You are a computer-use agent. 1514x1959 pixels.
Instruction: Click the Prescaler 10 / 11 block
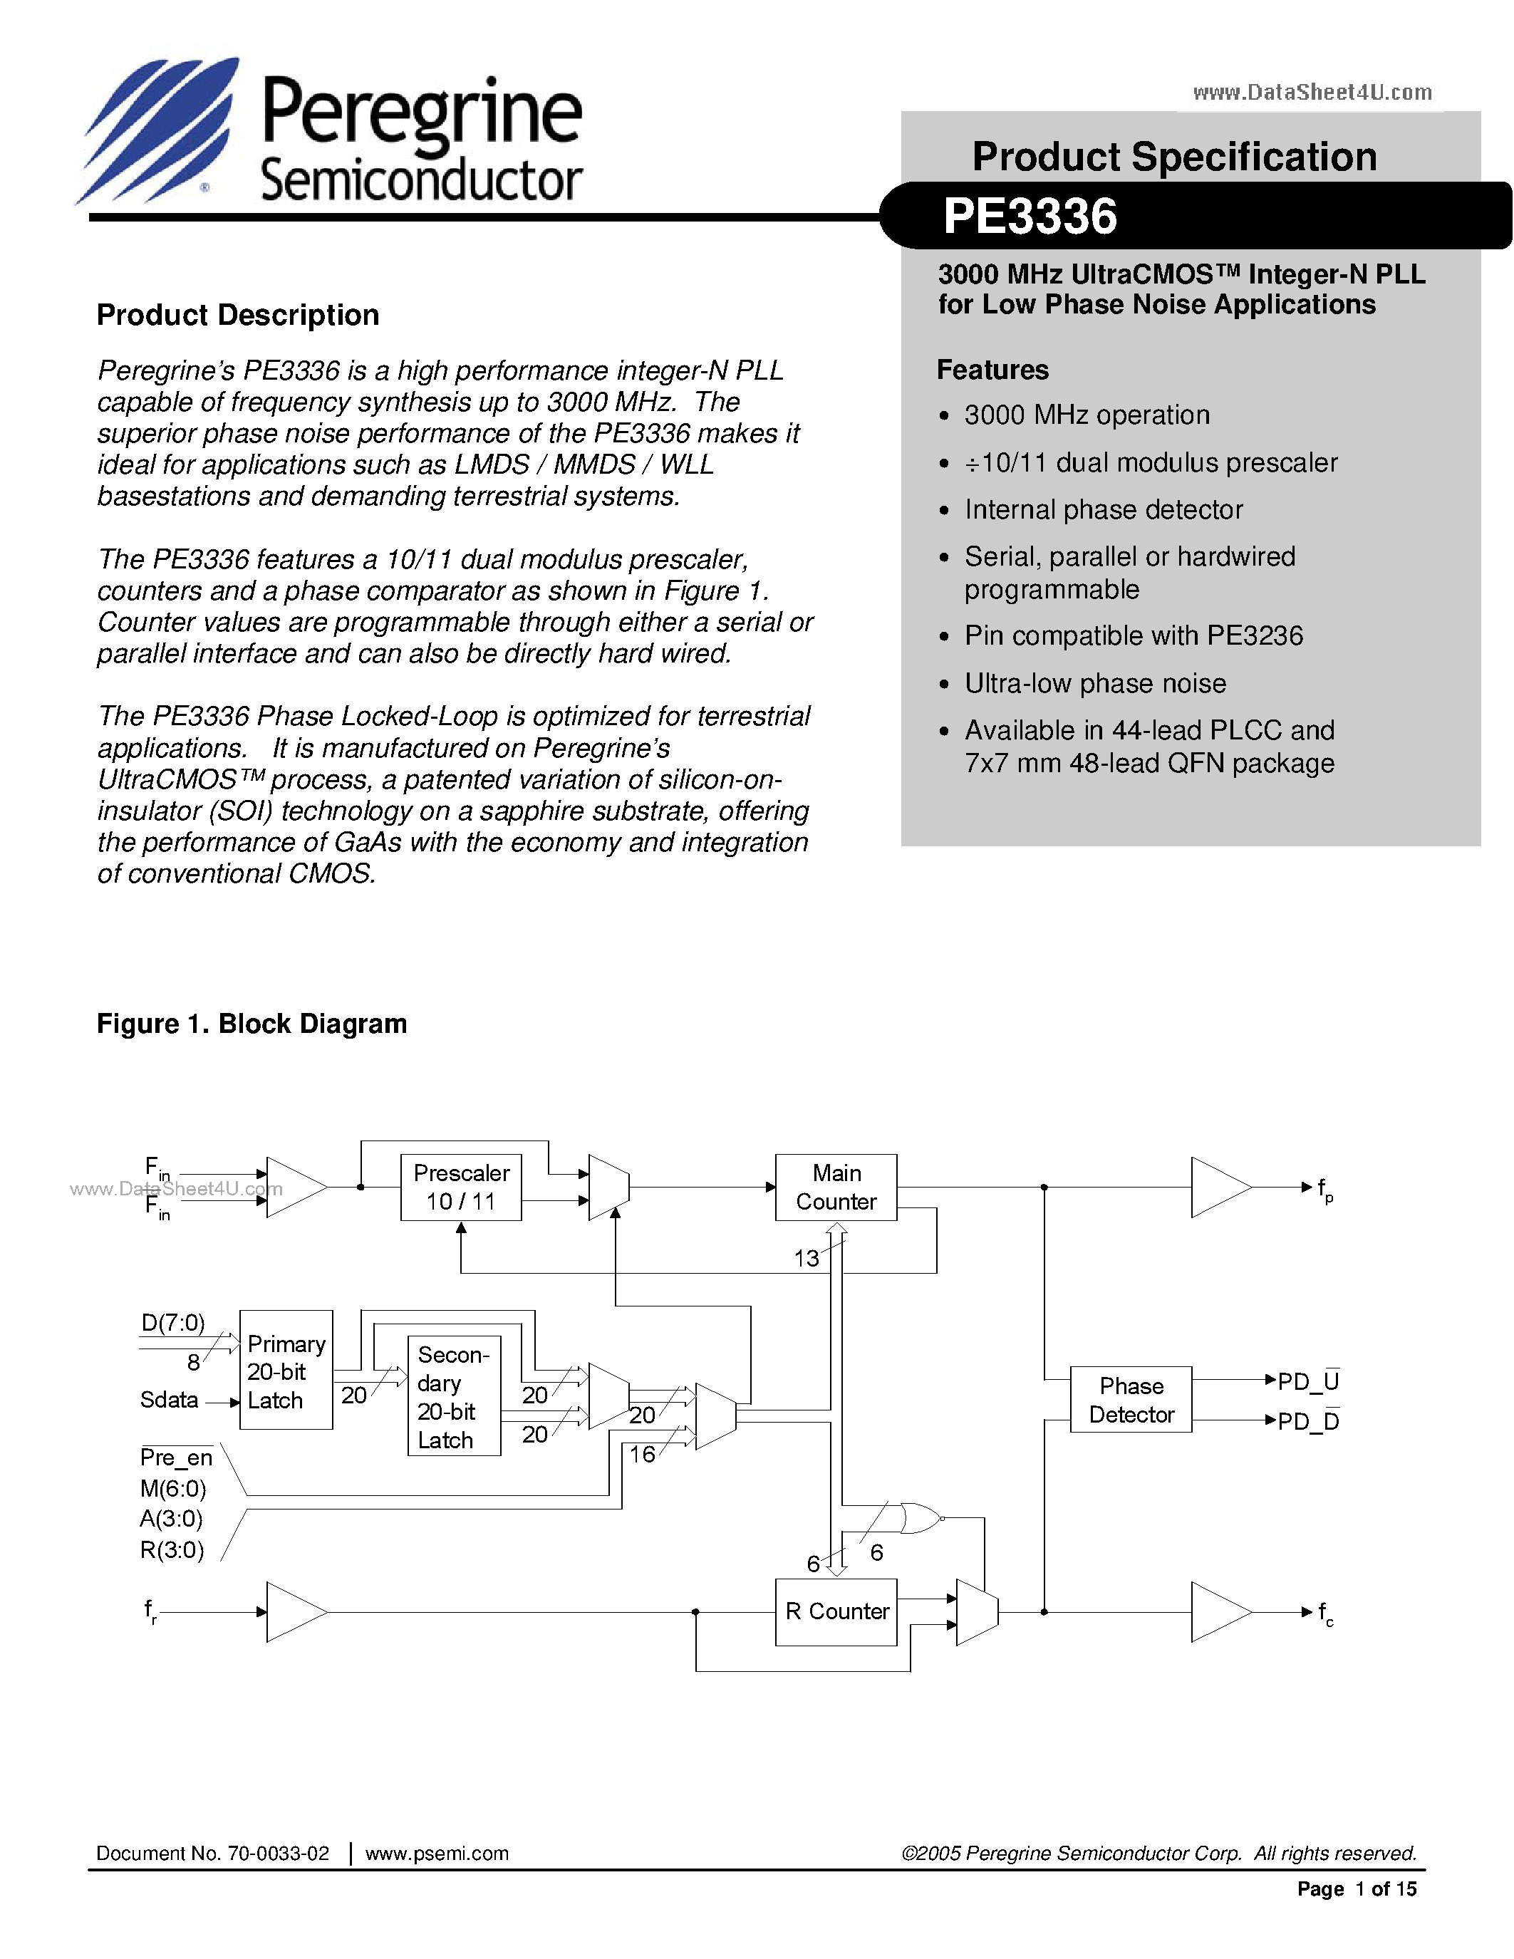coord(460,1187)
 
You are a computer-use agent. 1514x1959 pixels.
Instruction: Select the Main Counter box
coord(835,1187)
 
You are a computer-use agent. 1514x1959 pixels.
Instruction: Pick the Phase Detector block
coord(1130,1399)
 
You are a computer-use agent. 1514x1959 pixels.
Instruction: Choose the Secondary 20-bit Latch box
coord(454,1396)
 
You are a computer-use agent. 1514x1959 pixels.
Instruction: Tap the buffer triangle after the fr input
coord(295,1612)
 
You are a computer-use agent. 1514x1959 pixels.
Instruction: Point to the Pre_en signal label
coord(176,1457)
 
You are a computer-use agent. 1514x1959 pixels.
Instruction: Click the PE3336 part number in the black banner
coord(1030,216)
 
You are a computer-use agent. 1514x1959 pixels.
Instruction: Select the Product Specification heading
coord(1174,157)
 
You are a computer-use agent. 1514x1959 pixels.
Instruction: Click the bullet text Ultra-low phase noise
coord(1094,683)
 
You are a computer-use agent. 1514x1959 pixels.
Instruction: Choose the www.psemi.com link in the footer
coord(437,1853)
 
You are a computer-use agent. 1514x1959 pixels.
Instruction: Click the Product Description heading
coord(238,315)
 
